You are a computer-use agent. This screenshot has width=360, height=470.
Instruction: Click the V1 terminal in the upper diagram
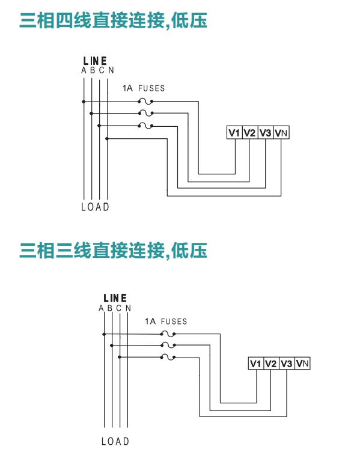(234, 132)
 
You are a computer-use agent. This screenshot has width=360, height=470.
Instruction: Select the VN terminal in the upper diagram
(281, 132)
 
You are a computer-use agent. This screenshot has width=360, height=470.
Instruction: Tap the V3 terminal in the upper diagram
(266, 132)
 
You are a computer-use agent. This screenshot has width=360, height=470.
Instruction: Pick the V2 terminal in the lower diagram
(271, 364)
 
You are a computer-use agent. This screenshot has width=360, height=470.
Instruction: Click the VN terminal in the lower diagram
(302, 364)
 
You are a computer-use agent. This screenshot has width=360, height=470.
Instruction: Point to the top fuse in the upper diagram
(145, 102)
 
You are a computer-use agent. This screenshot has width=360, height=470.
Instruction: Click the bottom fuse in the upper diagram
(145, 126)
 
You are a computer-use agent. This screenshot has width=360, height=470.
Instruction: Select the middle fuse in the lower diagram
(168, 346)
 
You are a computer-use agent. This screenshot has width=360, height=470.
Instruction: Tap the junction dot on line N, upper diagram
(107, 138)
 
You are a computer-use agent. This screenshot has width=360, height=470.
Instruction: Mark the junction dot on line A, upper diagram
(84, 102)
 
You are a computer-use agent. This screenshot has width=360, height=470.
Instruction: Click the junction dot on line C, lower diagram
(120, 357)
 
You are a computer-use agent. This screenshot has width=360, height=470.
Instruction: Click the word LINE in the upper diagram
(95, 61)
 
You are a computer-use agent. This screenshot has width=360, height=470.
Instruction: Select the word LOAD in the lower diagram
(115, 441)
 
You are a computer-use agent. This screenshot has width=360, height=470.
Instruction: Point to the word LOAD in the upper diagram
(95, 207)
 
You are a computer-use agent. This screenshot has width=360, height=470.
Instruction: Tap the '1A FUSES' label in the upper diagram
(144, 88)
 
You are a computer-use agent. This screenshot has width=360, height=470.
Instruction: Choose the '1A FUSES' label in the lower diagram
(166, 322)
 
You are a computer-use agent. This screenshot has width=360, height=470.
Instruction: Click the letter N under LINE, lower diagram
(128, 308)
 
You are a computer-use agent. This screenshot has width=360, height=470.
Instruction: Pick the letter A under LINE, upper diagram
(84, 70)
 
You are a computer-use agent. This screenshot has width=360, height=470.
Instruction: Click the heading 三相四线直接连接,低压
(114, 20)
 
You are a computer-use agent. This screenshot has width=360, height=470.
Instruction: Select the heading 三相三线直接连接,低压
(114, 251)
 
